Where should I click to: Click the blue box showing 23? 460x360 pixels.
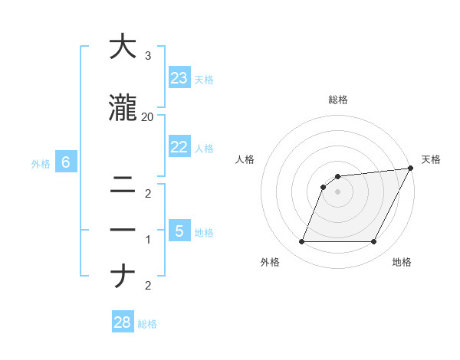tap(179, 77)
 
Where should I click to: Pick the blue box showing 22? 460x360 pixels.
tap(179, 147)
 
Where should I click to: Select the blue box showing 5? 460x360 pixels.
tap(179, 231)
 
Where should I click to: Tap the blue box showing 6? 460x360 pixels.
tap(66, 162)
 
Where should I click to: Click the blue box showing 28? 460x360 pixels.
tap(123, 322)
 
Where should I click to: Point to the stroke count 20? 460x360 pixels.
tap(148, 117)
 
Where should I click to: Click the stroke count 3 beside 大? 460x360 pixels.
tap(148, 57)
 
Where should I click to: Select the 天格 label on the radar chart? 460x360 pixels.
tap(431, 159)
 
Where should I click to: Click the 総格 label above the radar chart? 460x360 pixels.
tap(338, 100)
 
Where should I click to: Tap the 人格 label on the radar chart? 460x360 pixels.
tap(245, 159)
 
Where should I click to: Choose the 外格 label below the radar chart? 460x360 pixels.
tap(270, 262)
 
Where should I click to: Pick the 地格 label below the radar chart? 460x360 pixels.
tap(402, 262)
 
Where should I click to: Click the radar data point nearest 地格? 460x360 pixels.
tap(374, 242)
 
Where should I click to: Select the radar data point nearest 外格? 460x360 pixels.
tap(301, 242)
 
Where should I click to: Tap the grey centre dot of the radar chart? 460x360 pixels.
tap(337, 191)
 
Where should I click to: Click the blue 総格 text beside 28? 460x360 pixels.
tap(147, 324)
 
